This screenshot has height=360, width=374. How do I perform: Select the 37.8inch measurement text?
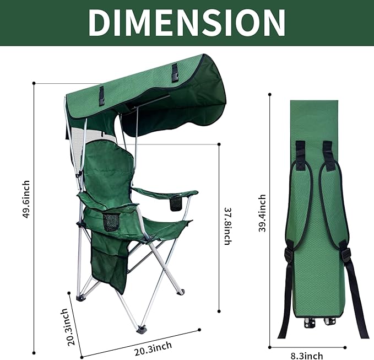228,224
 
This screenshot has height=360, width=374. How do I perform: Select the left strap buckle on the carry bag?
288,255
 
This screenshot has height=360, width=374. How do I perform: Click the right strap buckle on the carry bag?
346,255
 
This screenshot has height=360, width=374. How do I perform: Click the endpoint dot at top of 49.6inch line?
34,83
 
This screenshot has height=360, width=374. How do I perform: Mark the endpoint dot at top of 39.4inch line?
269,94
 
